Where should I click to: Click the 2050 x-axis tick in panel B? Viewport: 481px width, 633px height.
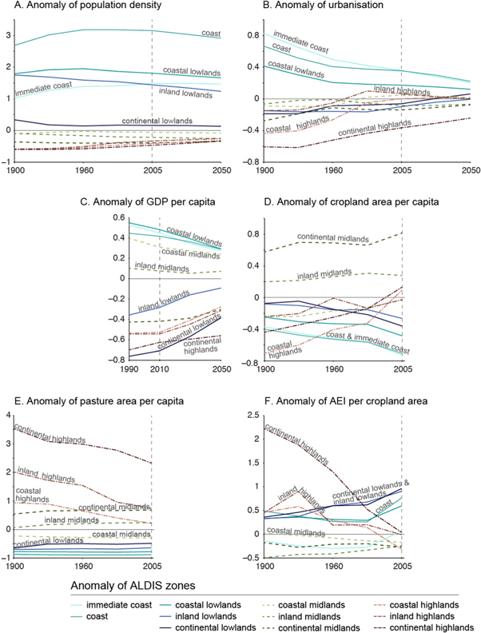pyautogui.click(x=471, y=170)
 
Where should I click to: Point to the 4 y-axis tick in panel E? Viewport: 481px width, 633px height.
pyautogui.click(x=7, y=414)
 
